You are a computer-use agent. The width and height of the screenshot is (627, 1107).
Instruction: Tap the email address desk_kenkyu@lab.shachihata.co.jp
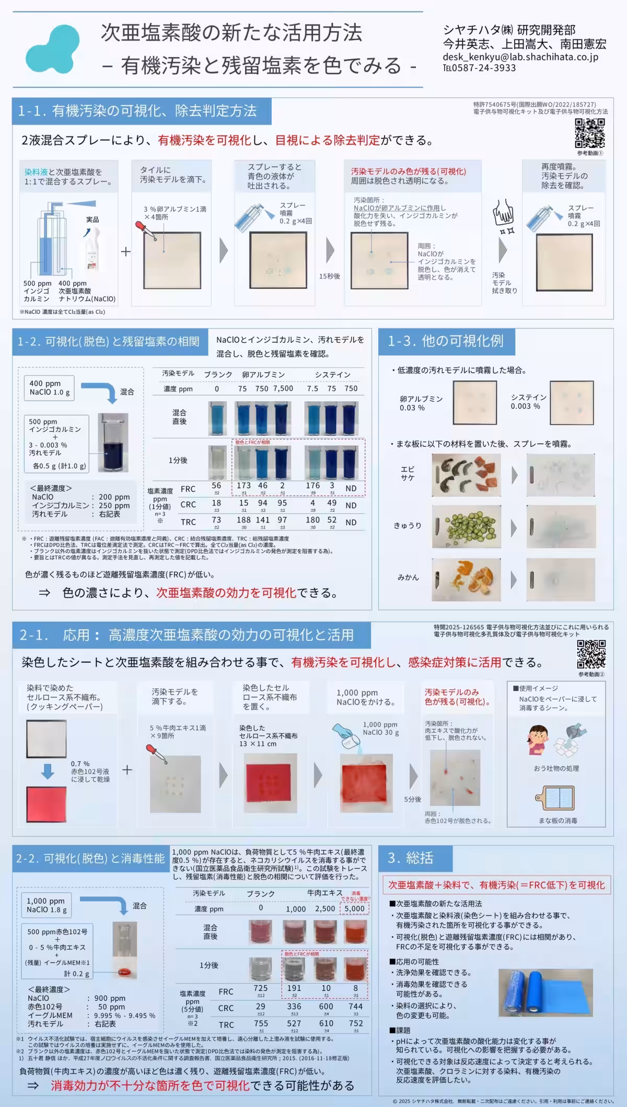click(520, 57)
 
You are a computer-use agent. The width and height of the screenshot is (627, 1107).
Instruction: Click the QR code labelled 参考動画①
click(590, 133)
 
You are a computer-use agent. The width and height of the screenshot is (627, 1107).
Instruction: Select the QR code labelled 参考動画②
click(591, 654)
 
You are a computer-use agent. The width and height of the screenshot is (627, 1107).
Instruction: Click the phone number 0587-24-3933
click(483, 68)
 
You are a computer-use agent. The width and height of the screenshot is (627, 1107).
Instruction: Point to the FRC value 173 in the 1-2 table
click(243, 486)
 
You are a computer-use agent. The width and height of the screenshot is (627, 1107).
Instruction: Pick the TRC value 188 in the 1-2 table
click(243, 520)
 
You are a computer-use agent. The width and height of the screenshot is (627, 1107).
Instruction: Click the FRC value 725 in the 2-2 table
click(261, 988)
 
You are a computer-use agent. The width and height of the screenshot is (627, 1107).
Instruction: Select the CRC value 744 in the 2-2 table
click(356, 1006)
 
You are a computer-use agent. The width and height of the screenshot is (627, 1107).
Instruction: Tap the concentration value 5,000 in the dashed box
click(355, 908)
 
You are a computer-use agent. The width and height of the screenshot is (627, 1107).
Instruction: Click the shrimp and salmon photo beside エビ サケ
click(466, 475)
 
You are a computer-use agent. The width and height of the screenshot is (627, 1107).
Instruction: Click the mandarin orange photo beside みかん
click(466, 579)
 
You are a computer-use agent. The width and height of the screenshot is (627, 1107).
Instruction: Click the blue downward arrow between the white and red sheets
click(48, 771)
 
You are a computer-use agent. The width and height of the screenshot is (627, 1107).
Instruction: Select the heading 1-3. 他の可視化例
click(445, 341)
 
